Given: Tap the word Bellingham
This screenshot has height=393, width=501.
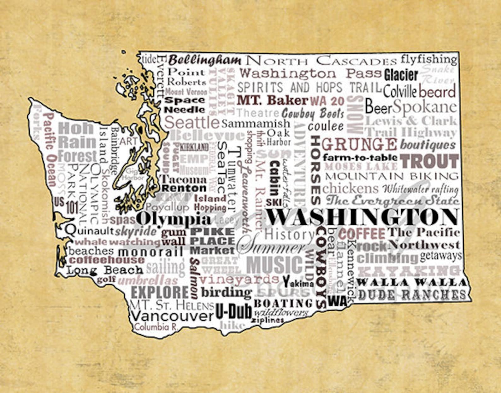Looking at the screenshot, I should (x=204, y=60).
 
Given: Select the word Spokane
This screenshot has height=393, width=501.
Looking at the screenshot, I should (x=424, y=107).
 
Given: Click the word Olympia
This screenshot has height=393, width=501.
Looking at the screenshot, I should (x=174, y=219).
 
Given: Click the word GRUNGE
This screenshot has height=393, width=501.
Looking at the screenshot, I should (x=359, y=144).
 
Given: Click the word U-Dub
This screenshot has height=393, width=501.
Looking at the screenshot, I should (x=233, y=312).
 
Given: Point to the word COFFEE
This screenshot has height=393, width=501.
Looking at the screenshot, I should (x=362, y=234).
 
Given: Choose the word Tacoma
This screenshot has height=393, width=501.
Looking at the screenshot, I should (x=184, y=180).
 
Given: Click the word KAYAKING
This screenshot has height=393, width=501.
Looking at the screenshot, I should (x=409, y=271).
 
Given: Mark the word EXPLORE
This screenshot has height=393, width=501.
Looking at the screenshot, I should (x=159, y=292).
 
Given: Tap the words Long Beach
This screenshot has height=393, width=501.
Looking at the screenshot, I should (x=105, y=270).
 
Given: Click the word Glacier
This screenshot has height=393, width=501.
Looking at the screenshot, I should (x=401, y=75).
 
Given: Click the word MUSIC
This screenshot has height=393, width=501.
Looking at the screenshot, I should (x=274, y=264).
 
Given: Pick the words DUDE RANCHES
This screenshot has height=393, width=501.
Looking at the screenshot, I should (x=412, y=295).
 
